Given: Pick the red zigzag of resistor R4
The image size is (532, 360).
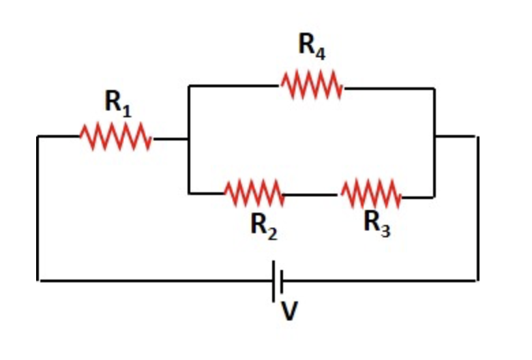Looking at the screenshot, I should click(311, 87).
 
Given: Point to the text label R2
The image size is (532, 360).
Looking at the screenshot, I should click(263, 224).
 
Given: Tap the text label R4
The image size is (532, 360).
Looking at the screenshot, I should click(311, 46).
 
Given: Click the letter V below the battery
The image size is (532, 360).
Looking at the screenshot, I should click(289, 311).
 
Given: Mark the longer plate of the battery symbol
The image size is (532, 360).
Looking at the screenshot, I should click(274, 280).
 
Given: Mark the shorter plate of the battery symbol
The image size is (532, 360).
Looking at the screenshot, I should click(282, 280).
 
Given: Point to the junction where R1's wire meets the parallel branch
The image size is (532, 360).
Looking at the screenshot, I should click(189, 138).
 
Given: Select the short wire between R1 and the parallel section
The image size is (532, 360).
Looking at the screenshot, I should click(171, 138).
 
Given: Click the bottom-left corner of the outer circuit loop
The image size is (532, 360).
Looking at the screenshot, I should click(38, 280).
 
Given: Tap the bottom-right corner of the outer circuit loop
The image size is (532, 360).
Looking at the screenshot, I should click(477, 280).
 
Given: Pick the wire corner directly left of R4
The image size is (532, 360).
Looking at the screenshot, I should click(190, 87).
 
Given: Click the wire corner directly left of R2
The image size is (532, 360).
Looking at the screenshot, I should click(190, 194).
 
